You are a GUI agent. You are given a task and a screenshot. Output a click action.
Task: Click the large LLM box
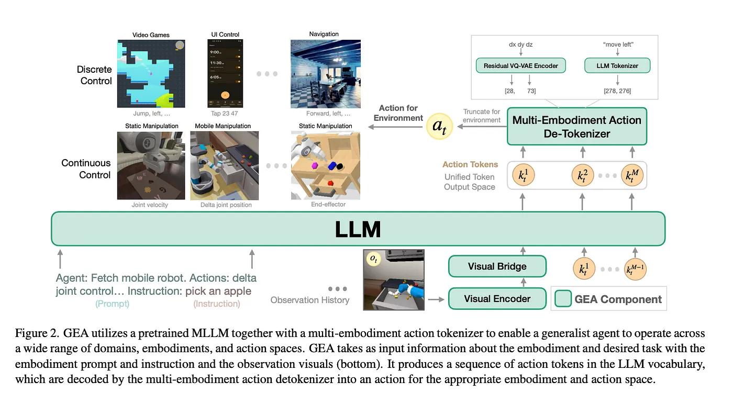[x=358, y=229]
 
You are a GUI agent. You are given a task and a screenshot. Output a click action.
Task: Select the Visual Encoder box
[x=497, y=299]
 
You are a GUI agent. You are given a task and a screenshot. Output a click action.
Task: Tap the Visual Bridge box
[x=497, y=266]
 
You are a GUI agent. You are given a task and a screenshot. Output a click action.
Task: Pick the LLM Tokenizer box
[x=617, y=65]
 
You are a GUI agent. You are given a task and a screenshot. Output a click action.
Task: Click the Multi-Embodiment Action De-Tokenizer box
[x=576, y=127]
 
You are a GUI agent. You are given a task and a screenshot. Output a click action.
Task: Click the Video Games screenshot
[x=151, y=74]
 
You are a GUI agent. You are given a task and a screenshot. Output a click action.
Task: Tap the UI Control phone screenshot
[x=225, y=74]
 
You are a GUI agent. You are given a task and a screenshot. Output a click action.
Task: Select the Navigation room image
[x=324, y=74]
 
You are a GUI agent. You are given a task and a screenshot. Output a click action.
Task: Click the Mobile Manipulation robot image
[x=226, y=165]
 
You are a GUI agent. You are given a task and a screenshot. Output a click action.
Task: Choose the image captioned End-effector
[x=326, y=165]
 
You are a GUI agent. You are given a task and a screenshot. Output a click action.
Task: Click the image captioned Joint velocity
[x=151, y=165]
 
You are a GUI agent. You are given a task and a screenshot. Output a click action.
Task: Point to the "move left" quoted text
[x=618, y=44]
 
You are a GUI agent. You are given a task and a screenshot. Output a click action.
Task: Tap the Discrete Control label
[x=94, y=75]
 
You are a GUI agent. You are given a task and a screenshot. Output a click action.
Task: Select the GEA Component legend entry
[x=609, y=299]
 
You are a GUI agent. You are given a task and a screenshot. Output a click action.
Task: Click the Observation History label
[x=309, y=300]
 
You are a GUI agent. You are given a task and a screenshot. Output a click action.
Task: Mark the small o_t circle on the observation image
[x=373, y=259]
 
